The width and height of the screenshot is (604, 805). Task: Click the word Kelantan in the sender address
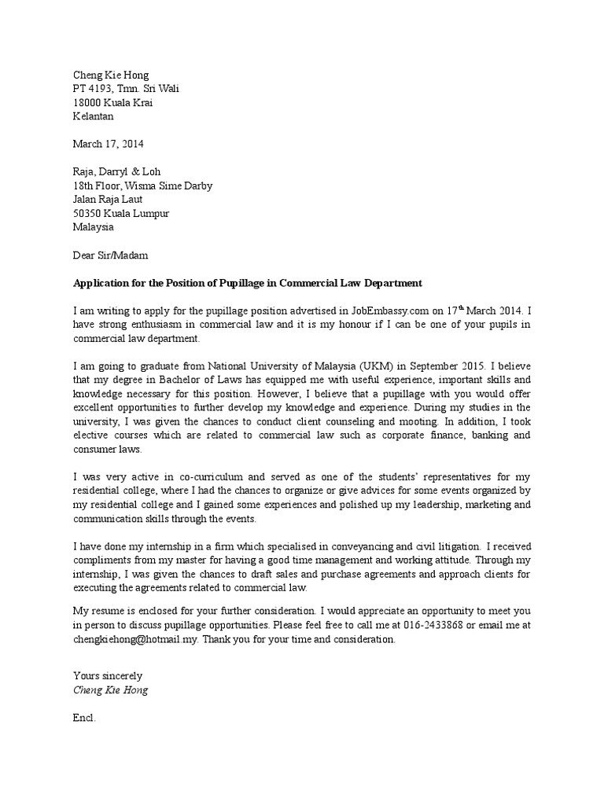pyautogui.click(x=93, y=116)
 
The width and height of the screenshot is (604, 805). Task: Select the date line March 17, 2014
pyautogui.click(x=108, y=144)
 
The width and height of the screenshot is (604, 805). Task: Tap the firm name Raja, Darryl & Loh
pyautogui.click(x=120, y=172)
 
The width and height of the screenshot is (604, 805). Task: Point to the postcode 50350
pyautogui.click(x=88, y=213)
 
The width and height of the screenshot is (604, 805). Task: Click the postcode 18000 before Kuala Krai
pyautogui.click(x=88, y=103)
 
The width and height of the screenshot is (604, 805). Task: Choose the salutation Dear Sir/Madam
pyautogui.click(x=110, y=255)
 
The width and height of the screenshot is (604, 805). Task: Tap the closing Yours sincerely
pyautogui.click(x=108, y=676)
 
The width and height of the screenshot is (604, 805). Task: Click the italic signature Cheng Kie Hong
pyautogui.click(x=110, y=690)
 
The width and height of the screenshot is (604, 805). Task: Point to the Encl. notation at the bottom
pyautogui.click(x=84, y=718)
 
